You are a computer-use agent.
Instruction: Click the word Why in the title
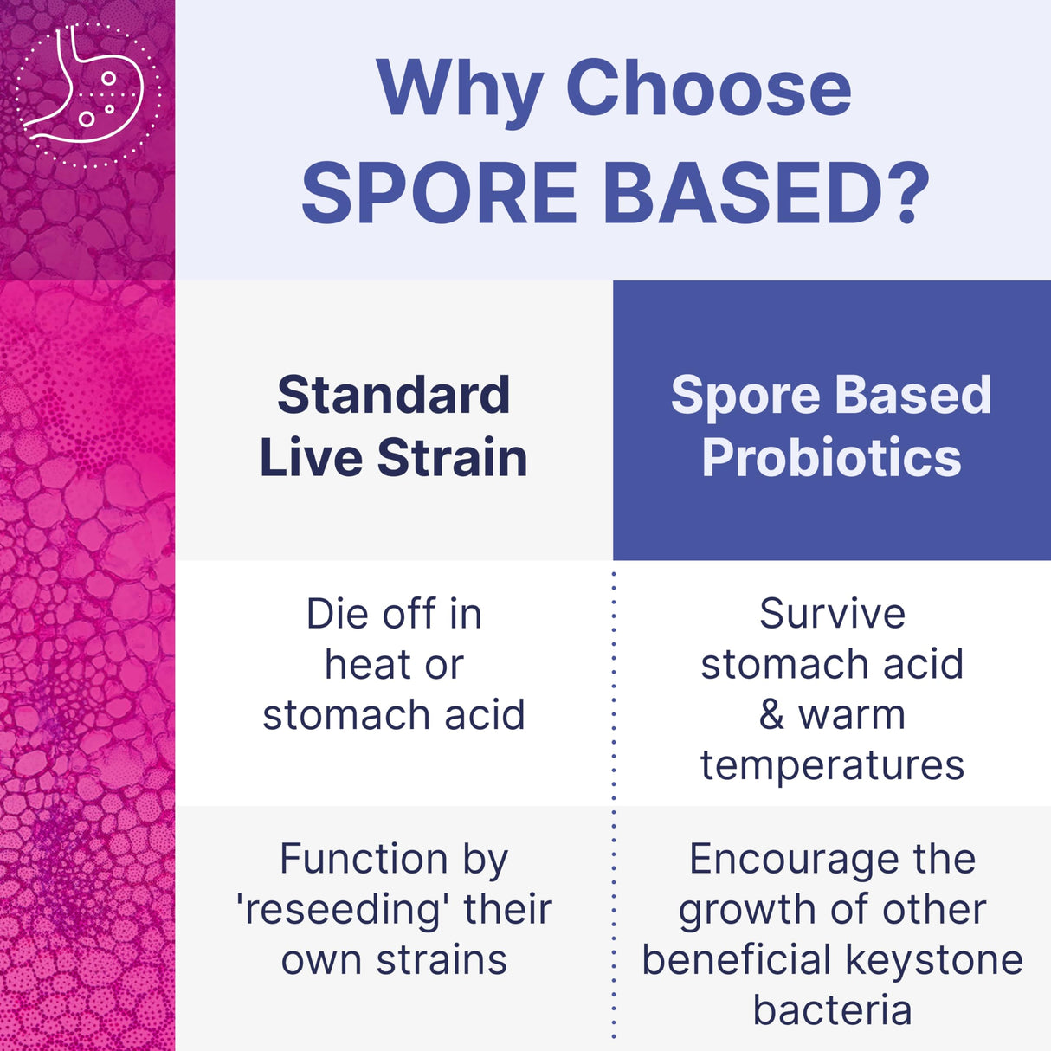point(459,90)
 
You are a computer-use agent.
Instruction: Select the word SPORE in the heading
point(440,193)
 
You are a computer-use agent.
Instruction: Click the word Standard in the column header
point(394,396)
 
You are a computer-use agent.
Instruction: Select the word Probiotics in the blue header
point(831,458)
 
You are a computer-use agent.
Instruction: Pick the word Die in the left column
point(337,615)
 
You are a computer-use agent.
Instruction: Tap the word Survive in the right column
point(832,615)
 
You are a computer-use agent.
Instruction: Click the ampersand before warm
point(771,716)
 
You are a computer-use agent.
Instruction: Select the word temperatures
point(832,765)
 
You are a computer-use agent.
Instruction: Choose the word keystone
point(934,961)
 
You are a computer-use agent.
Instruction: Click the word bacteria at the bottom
point(832,1010)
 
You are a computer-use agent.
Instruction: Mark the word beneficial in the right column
point(737,960)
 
